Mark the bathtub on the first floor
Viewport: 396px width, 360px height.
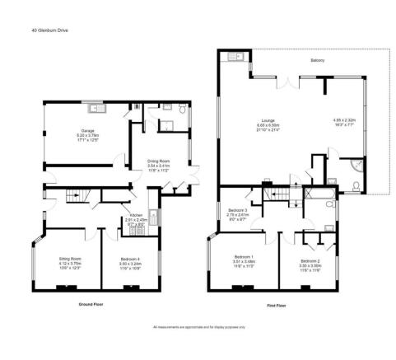click(x=317, y=195)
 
